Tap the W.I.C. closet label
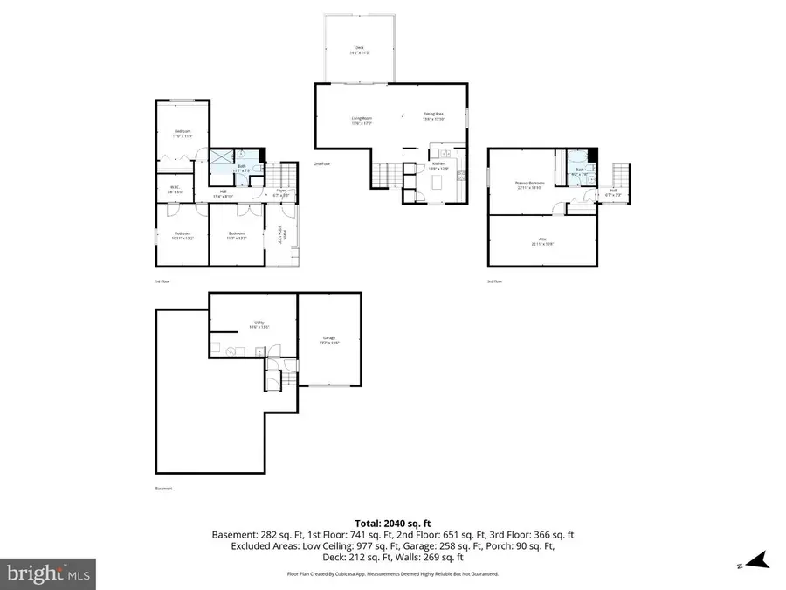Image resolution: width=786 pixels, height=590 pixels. coord(175,187)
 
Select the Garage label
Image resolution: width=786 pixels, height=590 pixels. coord(329,340)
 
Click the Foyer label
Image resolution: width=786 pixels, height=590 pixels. coord(280,192)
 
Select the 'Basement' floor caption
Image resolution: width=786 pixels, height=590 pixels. coord(163,489)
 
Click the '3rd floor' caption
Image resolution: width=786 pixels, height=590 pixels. coord(495,281)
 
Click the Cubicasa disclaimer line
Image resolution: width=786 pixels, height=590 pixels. coord(392,573)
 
